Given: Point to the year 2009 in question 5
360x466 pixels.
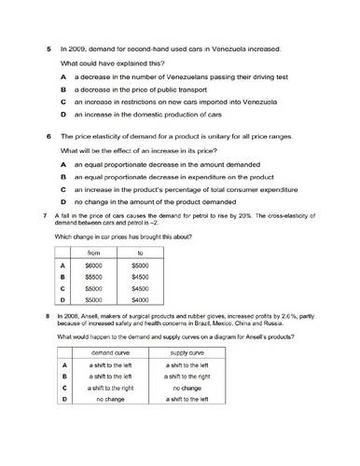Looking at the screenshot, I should pos(76,48).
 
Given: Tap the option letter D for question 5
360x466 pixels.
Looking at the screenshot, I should pos(62,115).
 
